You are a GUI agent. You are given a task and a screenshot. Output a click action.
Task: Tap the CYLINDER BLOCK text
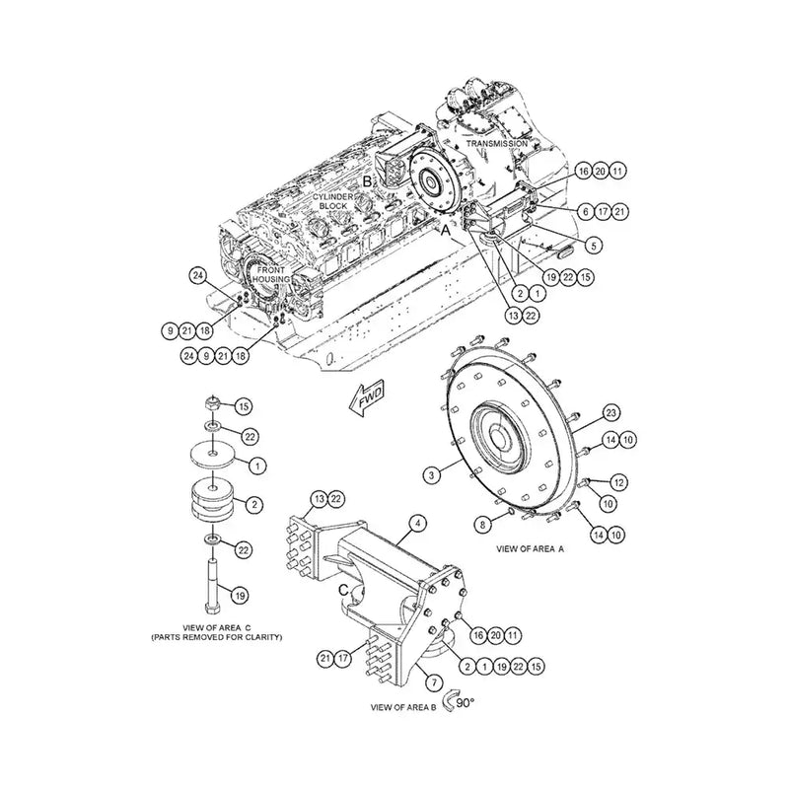(x=333, y=202)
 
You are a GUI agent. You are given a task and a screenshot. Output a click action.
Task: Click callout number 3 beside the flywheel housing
(x=431, y=475)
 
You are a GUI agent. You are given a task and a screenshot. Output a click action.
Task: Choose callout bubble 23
(x=610, y=411)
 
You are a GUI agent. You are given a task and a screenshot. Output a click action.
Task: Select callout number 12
(x=618, y=482)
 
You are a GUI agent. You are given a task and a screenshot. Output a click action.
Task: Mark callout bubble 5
(x=593, y=244)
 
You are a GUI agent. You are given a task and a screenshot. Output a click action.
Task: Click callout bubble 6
(x=585, y=211)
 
